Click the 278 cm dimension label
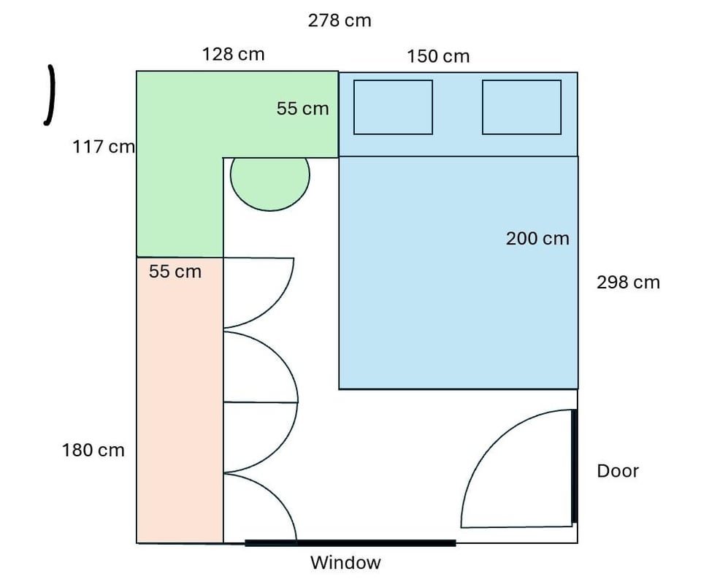(x=340, y=20)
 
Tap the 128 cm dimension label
(x=234, y=54)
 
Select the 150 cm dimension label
(x=438, y=56)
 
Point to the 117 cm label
(x=104, y=147)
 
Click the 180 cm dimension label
(x=93, y=450)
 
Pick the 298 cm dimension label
(x=628, y=282)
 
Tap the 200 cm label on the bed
(x=537, y=238)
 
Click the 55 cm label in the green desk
(x=302, y=108)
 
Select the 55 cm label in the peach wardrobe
(x=175, y=272)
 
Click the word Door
(x=618, y=471)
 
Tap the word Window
(x=345, y=562)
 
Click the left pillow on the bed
(x=393, y=107)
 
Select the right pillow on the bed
(x=521, y=107)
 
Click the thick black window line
(x=350, y=543)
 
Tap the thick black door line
(x=574, y=467)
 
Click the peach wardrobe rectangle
(x=180, y=400)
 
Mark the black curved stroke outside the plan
(x=51, y=95)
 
